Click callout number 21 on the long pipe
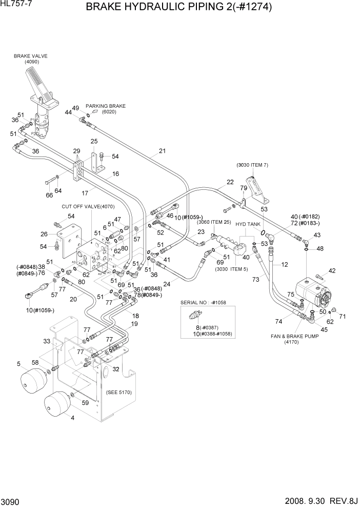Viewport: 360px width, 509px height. (x=162, y=151)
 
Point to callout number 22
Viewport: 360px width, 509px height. (x=230, y=182)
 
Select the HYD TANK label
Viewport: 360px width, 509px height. (x=248, y=225)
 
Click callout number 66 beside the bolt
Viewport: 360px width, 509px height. (x=49, y=195)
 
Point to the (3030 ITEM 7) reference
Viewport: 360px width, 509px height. (x=252, y=165)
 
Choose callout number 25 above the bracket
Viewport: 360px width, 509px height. (x=94, y=141)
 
